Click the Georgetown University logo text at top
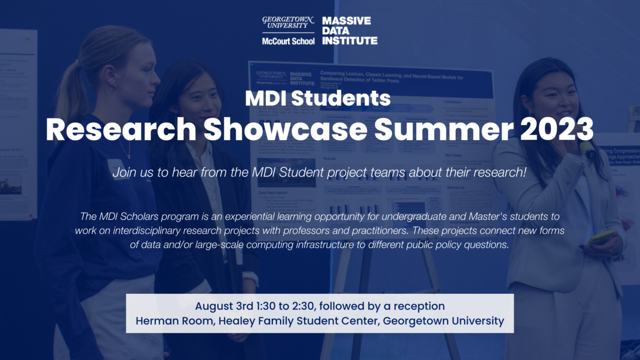point(288,22)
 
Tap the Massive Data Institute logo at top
point(350,31)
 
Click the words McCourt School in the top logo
point(288,41)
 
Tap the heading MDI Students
point(317,98)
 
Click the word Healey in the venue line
point(236,321)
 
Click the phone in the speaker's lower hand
point(601,238)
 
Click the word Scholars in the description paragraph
point(135,217)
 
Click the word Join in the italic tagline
point(123,173)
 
